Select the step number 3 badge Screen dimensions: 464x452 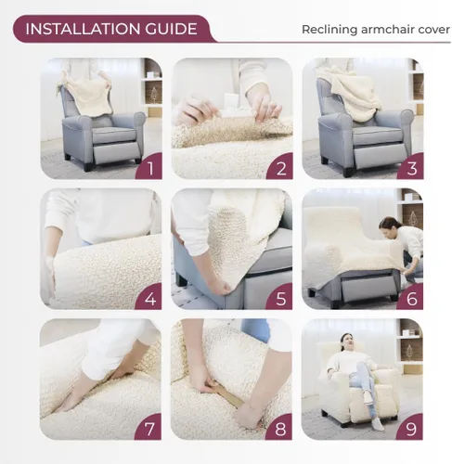[x=409, y=167]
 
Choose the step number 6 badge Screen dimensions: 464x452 [x=409, y=297]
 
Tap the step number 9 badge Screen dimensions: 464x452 [x=409, y=427]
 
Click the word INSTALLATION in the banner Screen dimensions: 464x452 [x=79, y=29]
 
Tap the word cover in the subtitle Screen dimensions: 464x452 [x=432, y=30]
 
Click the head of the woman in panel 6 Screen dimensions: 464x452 [x=387, y=225]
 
